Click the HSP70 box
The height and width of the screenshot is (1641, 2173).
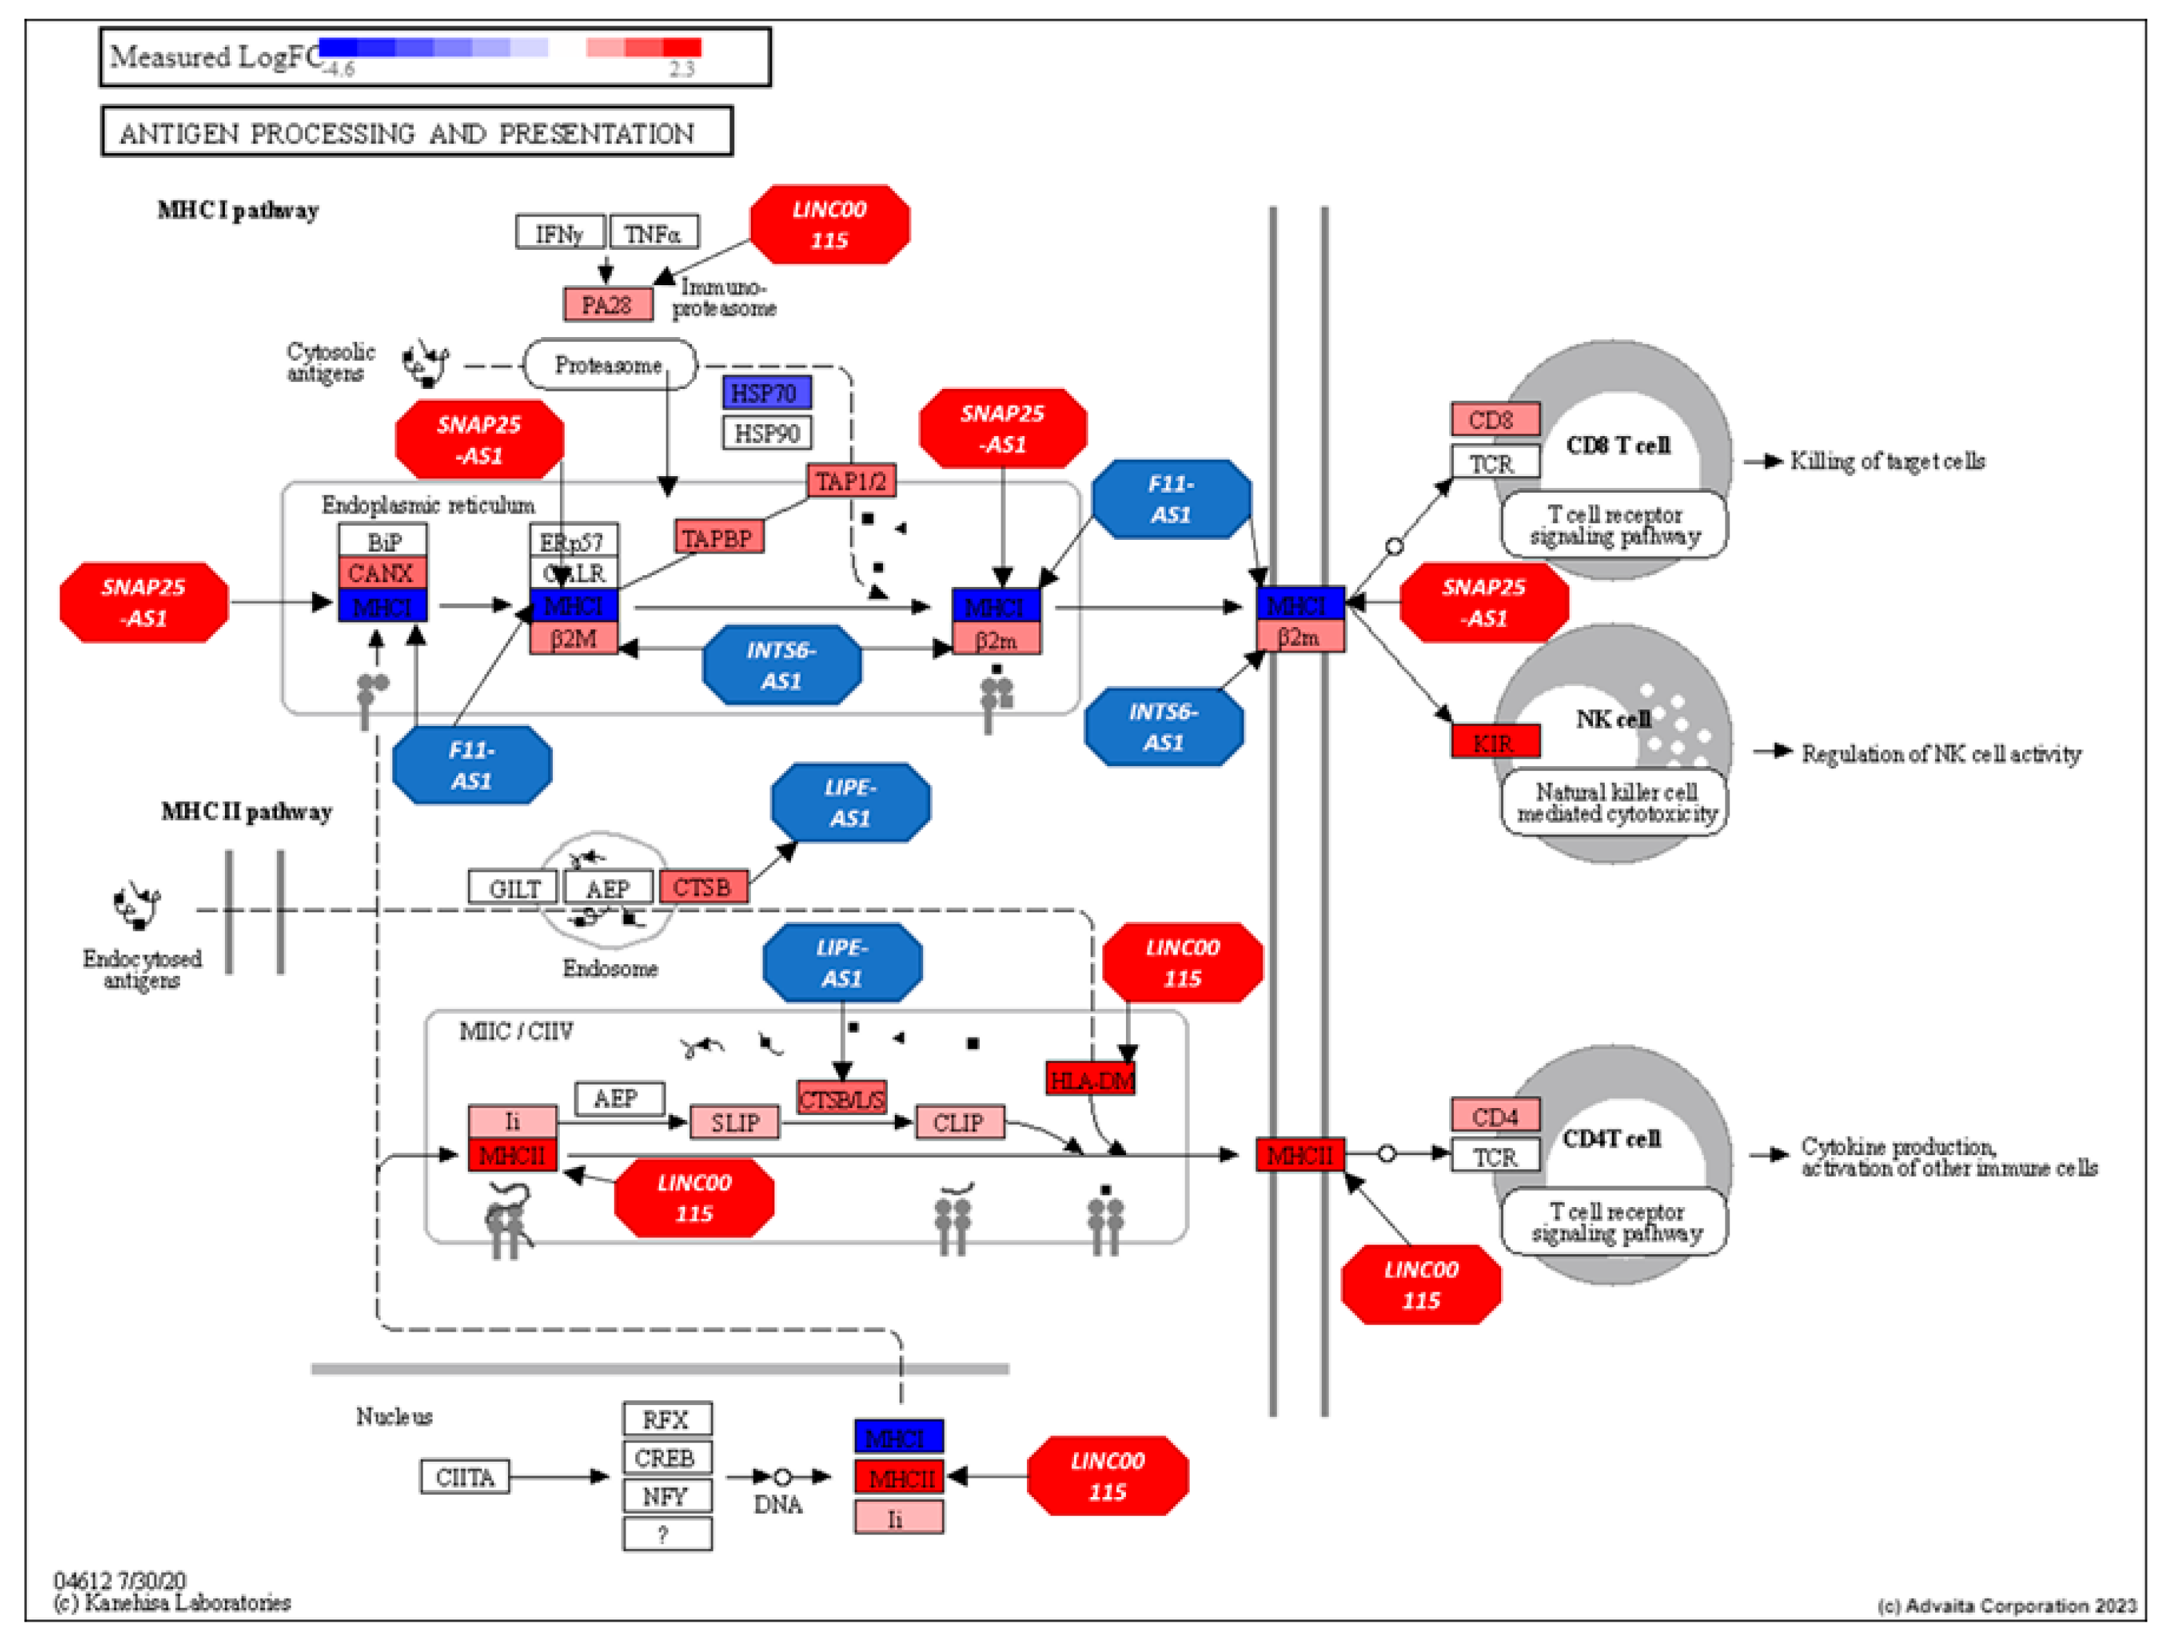[766, 393]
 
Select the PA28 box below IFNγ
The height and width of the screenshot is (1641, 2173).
[607, 305]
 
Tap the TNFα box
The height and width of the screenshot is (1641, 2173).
[653, 234]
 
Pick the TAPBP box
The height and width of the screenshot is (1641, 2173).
[718, 538]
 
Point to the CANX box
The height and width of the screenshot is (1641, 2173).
[382, 573]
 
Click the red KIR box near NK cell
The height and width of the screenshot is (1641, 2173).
[1494, 742]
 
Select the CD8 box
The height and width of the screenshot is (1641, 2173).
[1494, 419]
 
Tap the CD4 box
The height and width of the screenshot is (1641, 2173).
[1494, 1116]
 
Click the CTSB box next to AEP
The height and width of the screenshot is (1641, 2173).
[702, 887]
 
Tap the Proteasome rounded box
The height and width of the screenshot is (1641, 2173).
[609, 365]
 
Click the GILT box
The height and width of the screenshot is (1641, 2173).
[513, 888]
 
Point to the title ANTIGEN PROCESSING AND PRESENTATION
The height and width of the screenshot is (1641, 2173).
[408, 133]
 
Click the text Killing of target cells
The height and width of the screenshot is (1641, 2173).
[1886, 461]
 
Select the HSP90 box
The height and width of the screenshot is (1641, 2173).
[766, 433]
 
